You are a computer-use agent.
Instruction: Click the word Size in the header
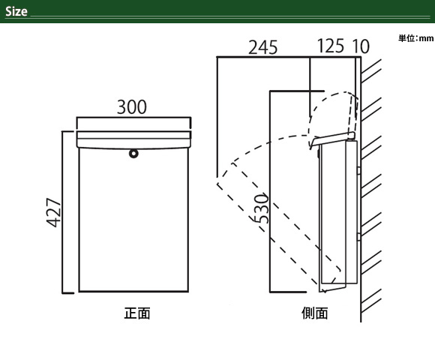[x=16, y=11]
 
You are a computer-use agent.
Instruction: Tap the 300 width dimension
[x=132, y=107]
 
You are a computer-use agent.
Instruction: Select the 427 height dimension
[x=52, y=212]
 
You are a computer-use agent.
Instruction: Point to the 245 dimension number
[x=262, y=47]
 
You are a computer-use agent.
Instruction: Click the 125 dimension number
[x=331, y=46]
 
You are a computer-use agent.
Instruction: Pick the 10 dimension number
[x=361, y=46]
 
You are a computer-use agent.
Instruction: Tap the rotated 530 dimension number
[x=262, y=208]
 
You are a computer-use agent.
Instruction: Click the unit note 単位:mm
[x=415, y=38]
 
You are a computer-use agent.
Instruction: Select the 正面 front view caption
[x=137, y=313]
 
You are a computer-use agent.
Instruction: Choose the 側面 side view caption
[x=315, y=313]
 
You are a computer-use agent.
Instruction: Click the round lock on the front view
[x=133, y=154]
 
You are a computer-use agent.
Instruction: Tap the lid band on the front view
[x=133, y=139]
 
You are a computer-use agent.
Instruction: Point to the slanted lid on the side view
[x=332, y=139]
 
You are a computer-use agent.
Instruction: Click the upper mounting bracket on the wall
[x=359, y=170]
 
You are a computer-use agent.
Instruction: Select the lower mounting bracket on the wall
[x=359, y=236]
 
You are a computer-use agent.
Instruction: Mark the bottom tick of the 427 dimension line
[x=68, y=292]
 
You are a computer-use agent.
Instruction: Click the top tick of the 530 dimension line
[x=297, y=91]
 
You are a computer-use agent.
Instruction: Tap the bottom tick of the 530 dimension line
[x=288, y=292]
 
